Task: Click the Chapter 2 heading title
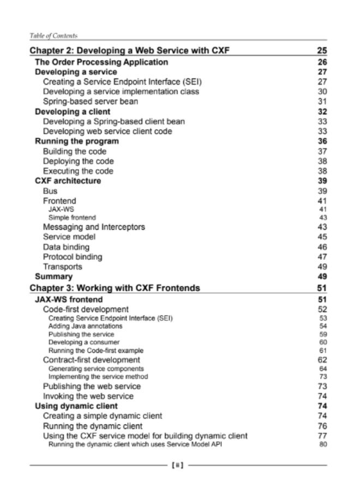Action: coord(130,51)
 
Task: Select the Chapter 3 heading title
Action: coord(115,288)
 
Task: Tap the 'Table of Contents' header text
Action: coord(53,35)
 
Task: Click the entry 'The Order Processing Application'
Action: coord(101,62)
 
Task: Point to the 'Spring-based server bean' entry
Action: coord(90,101)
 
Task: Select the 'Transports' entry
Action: coord(63,267)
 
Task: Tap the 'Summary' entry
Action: coord(53,277)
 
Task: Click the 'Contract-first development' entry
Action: coord(92,360)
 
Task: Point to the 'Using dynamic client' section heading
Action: coord(76,406)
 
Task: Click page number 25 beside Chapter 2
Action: coord(321,51)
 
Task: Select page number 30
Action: coord(322,92)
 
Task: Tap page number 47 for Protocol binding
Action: coord(322,257)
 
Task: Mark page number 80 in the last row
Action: coord(322,444)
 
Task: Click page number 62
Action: coord(322,360)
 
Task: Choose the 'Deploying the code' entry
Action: coord(79,161)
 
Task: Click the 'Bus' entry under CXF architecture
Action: coord(50,191)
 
